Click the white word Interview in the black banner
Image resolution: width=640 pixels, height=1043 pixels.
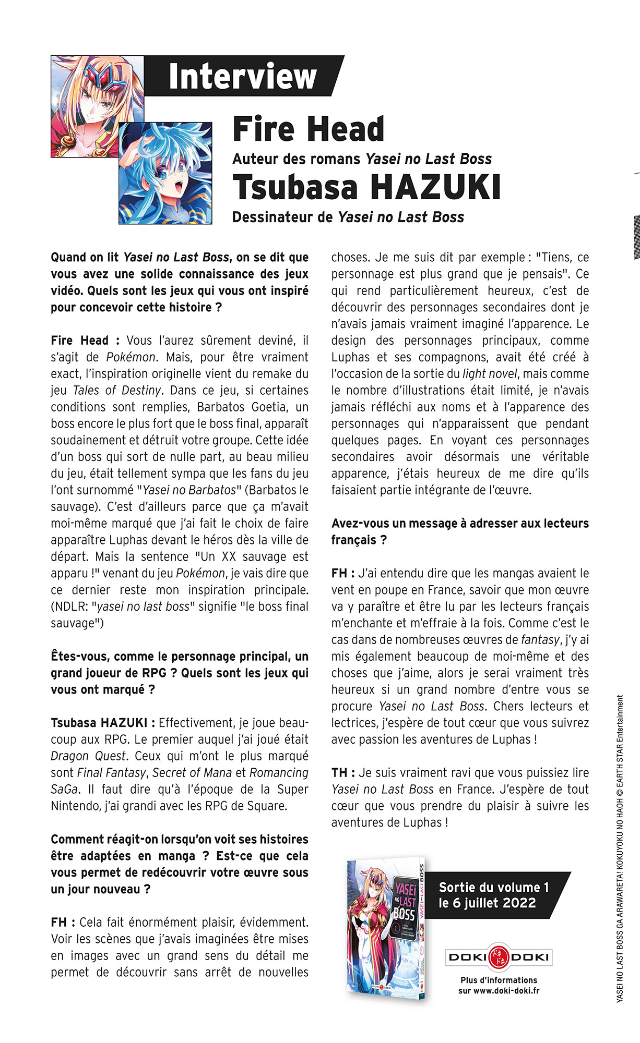click(243, 76)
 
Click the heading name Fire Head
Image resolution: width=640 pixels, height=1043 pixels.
click(309, 129)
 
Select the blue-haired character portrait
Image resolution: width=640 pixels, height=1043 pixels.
click(165, 174)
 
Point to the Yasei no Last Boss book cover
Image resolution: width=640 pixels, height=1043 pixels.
click(387, 929)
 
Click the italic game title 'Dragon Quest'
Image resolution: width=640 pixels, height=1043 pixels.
click(88, 756)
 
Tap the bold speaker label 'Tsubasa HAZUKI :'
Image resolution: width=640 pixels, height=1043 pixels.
click(103, 723)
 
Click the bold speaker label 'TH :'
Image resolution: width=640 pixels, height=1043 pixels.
click(343, 773)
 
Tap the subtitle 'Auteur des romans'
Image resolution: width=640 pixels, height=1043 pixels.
click(296, 159)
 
